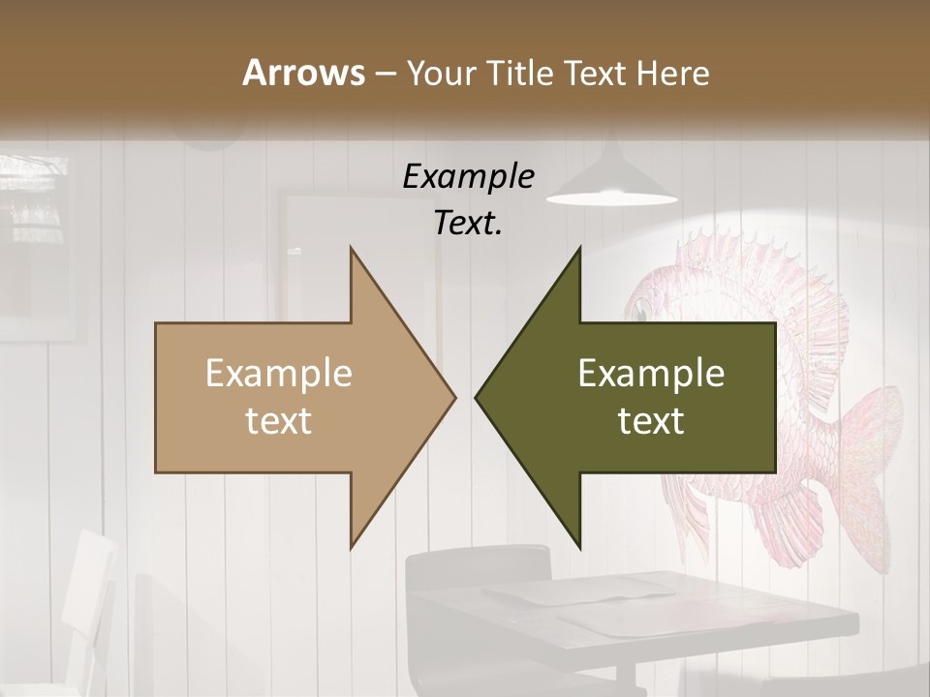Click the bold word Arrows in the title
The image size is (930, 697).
click(x=303, y=73)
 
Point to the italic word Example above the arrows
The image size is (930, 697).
click(x=468, y=176)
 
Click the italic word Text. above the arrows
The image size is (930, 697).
click(x=468, y=224)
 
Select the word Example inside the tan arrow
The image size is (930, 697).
click(x=279, y=373)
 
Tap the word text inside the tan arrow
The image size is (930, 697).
click(x=279, y=420)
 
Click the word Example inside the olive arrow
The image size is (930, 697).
click(x=651, y=373)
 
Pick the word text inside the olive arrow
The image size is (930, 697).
click(x=651, y=420)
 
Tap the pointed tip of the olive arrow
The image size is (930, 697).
click(x=478, y=397)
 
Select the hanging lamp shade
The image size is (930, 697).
click(x=611, y=184)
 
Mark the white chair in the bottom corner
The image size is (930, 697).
click(x=87, y=600)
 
